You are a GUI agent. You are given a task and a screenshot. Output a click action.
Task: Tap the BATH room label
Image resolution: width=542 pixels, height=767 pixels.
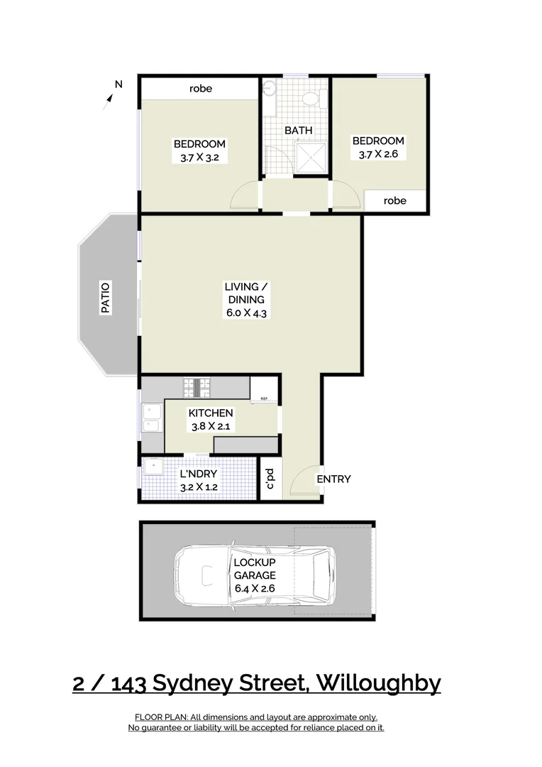[298, 131]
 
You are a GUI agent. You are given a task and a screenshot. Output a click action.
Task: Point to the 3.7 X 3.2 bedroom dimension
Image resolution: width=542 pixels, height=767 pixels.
[199, 158]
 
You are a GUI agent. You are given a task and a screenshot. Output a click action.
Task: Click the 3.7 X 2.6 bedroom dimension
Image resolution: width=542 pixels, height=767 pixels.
[378, 153]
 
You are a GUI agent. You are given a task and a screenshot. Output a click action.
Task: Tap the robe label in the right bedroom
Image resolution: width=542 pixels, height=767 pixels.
[394, 201]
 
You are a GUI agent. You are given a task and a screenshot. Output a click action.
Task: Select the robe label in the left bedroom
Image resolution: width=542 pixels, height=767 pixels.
[201, 89]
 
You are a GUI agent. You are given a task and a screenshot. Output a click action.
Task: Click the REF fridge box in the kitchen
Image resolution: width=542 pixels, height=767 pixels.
[264, 398]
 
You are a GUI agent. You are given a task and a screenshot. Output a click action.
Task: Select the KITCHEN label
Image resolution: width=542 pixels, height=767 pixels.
[210, 413]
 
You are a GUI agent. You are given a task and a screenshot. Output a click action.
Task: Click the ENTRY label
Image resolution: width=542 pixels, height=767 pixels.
[333, 479]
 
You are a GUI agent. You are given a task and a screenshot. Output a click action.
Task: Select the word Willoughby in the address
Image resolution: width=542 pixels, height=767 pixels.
[378, 683]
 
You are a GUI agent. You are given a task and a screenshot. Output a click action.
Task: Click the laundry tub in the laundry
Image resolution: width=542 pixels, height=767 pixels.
[153, 467]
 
